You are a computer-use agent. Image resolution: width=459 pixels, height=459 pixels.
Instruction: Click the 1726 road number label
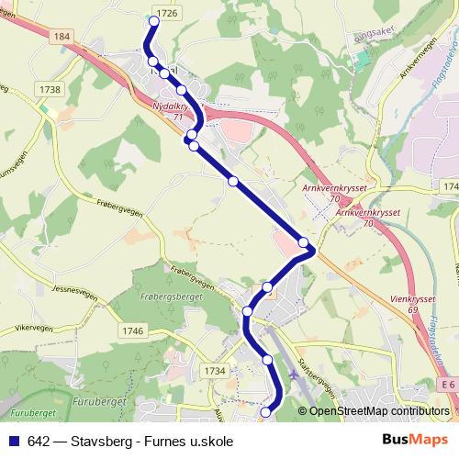coord(167,13)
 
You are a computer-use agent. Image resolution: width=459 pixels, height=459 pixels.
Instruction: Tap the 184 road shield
coord(62,36)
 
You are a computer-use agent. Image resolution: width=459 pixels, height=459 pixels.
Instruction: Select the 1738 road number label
coord(50,89)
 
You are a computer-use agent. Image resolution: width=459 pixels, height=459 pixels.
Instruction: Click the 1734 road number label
coord(215,370)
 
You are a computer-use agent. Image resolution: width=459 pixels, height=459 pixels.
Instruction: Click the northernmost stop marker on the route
coord(152,20)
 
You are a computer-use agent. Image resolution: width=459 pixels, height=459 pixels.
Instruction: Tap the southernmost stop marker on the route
coord(265,413)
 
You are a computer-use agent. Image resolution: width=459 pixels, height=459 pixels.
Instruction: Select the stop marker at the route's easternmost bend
coord(304,242)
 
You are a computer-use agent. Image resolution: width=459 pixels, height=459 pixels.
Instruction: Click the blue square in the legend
coord(16,442)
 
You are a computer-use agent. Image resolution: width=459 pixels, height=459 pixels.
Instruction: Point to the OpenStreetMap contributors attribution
coord(378,412)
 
